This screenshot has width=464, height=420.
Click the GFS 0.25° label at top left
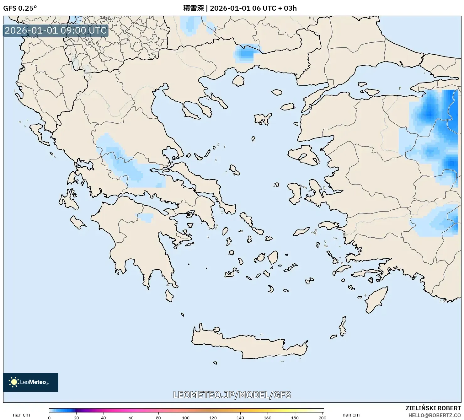click(x=20, y=8)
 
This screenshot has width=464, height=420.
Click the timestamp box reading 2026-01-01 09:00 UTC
click(x=56, y=30)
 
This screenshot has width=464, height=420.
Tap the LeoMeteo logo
click(x=31, y=382)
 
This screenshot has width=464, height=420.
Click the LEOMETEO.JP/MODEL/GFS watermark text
click(x=232, y=395)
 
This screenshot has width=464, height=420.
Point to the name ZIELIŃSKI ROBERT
click(x=433, y=408)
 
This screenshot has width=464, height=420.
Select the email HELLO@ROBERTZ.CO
click(x=435, y=415)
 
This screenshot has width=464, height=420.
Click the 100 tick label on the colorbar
click(x=186, y=418)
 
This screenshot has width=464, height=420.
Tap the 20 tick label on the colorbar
click(x=77, y=418)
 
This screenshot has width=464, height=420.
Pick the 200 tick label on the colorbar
click(x=322, y=418)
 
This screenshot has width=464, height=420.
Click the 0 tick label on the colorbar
click(x=49, y=418)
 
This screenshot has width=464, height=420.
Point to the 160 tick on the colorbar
click(x=268, y=418)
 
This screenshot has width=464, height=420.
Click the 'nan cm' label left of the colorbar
click(x=21, y=415)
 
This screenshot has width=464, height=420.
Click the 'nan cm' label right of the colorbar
click(x=351, y=415)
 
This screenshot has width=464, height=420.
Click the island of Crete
click(x=248, y=345)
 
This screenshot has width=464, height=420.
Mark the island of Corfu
click(x=39, y=133)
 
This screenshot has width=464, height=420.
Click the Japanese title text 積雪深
click(x=193, y=8)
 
